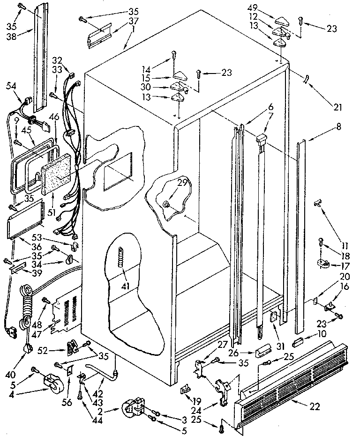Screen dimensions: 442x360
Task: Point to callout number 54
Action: [11, 86]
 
